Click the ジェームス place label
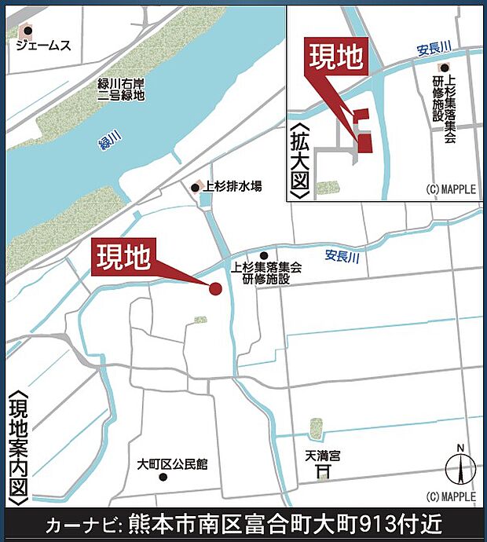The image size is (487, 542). pos(45,46)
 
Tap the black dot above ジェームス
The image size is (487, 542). pos(27,31)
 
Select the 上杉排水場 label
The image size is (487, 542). pos(233,187)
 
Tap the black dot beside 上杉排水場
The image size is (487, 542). pos(196,187)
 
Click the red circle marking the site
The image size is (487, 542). pos(215,289)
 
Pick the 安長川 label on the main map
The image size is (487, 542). pos(342,255)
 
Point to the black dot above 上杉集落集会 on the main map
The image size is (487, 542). pos(264,255)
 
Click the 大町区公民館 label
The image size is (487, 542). pos(171,463)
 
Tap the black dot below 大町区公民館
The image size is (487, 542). pos(163,477)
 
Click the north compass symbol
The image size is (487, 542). pos(461,470)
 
